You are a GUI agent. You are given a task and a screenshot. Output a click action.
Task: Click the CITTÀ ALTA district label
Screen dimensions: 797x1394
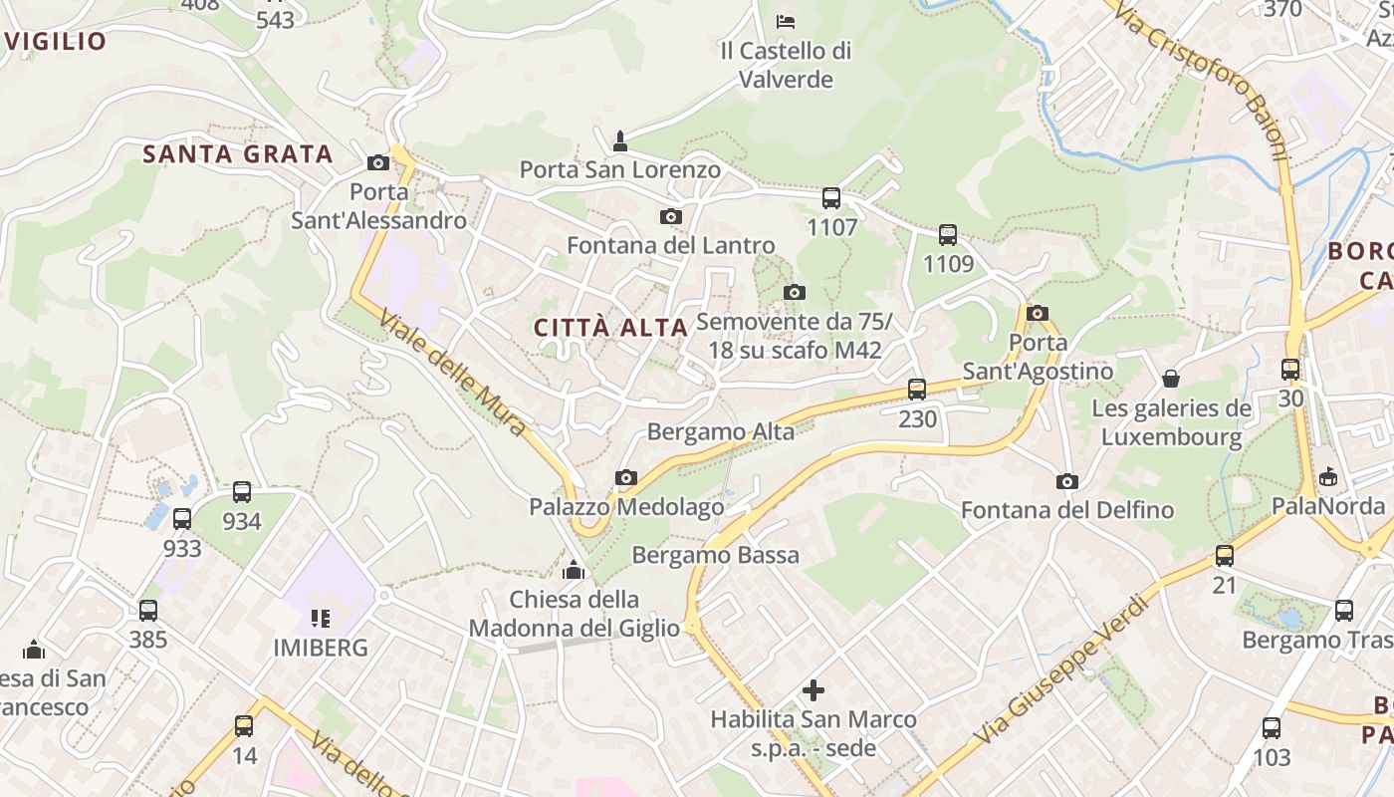(610, 327)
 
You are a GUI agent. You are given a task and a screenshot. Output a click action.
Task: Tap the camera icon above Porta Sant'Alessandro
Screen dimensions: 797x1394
(378, 162)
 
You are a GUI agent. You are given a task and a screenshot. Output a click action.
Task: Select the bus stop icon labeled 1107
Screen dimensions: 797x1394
(831, 198)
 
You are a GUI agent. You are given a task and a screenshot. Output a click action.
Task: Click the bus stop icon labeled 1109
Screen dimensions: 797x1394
(948, 235)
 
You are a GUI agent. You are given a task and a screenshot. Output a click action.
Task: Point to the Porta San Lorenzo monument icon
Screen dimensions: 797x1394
(620, 141)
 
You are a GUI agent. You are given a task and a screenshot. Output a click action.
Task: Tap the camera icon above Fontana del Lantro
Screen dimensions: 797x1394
(671, 216)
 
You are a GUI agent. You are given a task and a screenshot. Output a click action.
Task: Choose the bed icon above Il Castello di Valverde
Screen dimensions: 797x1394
(786, 21)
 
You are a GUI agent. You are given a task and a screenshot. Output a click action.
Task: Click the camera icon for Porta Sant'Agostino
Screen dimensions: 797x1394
(1038, 313)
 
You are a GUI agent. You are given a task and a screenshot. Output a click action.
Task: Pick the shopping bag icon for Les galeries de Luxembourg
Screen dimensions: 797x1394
(1171, 379)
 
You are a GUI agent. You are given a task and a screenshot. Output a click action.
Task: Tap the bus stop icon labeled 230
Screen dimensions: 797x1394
(917, 390)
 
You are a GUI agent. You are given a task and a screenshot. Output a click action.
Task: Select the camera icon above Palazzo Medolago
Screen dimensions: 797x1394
(626, 478)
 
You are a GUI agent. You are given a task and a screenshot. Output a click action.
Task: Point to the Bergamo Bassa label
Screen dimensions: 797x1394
(715, 555)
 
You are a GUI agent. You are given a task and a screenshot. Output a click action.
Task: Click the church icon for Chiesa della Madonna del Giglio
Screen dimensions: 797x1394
(574, 570)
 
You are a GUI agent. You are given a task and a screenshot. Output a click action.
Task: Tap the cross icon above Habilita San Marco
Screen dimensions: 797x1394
(813, 689)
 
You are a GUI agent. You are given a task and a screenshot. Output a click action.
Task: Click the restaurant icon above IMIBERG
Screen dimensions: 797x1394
(321, 619)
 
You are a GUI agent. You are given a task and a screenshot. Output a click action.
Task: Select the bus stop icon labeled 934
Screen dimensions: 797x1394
(242, 492)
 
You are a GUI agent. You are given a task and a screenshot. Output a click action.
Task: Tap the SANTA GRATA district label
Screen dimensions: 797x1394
(237, 154)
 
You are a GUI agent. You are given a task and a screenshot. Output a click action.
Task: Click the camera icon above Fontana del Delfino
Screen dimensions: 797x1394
(1067, 482)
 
